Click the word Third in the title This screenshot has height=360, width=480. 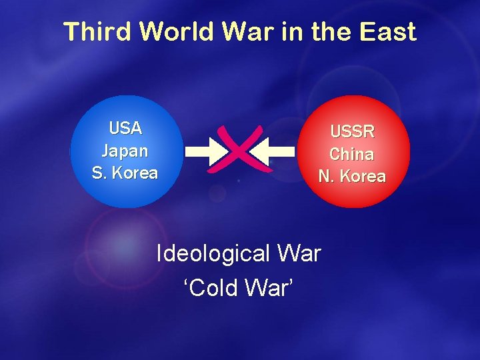tap(98, 32)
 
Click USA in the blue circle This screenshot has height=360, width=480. tap(125, 127)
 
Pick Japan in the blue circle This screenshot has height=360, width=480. tap(125, 151)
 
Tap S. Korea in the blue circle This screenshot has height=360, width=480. tap(125, 173)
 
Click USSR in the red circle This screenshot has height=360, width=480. tap(352, 131)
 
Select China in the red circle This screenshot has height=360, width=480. tap(351, 154)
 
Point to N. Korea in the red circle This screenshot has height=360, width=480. tap(352, 177)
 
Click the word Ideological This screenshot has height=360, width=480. tap(212, 254)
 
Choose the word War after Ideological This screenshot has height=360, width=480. tap(297, 254)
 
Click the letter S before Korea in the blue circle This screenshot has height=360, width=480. tap(97, 173)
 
